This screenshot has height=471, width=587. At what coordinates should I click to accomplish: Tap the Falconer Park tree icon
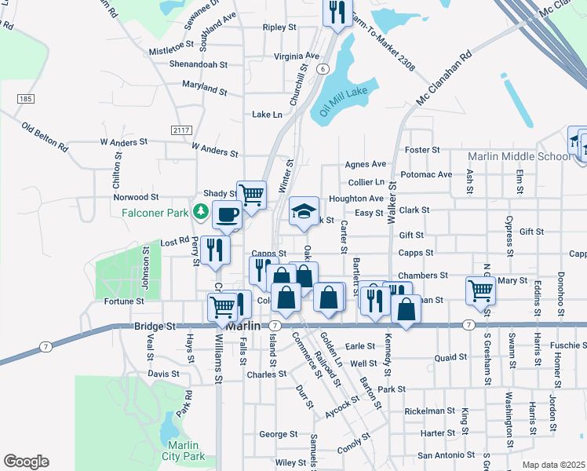pos(202,212)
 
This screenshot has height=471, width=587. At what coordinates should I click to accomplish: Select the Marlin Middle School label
pos(520,156)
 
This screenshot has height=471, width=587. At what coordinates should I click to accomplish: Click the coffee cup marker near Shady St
pos(227,215)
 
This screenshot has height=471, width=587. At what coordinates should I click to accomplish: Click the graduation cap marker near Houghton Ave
pos(304,211)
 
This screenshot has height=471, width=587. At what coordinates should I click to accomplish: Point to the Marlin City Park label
pos(183,451)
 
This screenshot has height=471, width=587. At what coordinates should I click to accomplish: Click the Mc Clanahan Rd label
pos(444,79)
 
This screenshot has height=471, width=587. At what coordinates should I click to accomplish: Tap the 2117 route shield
pos(181,130)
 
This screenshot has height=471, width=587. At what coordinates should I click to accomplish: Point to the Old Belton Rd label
pos(45,137)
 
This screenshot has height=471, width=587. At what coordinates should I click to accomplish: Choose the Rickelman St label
pos(429,411)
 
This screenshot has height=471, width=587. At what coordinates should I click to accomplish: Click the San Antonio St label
pos(446,455)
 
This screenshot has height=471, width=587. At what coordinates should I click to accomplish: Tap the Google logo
pos(26,462)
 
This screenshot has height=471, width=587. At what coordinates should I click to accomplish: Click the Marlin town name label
pos(243,324)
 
